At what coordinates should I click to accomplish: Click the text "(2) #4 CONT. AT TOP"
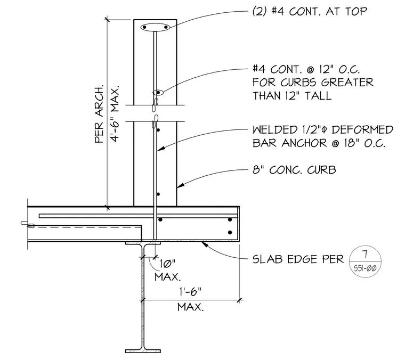pyautogui.click(x=310, y=12)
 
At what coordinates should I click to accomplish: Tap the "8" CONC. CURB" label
pyautogui.click(x=294, y=170)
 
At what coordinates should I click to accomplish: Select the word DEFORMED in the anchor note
pyautogui.click(x=362, y=130)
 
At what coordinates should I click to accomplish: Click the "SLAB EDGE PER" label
pyautogui.click(x=298, y=259)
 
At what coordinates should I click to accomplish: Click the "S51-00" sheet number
pyautogui.click(x=365, y=268)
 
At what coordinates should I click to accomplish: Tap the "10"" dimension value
pyautogui.click(x=168, y=264)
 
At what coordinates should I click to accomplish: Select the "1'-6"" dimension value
pyautogui.click(x=190, y=292)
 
